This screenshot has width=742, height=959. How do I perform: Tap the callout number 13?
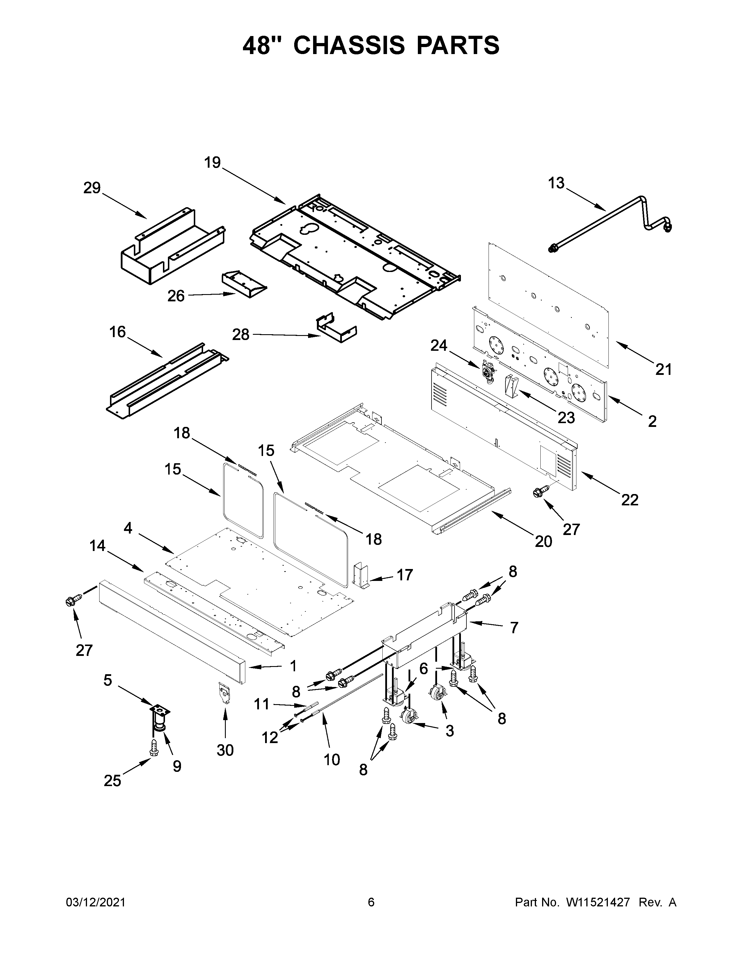click(x=556, y=183)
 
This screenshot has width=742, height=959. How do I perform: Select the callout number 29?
click(x=92, y=188)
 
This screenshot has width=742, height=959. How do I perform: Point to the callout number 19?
click(x=212, y=163)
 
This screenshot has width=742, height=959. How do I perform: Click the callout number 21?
click(x=663, y=370)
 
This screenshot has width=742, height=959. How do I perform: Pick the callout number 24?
click(x=439, y=346)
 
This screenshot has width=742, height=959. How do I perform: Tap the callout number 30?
click(x=225, y=750)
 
